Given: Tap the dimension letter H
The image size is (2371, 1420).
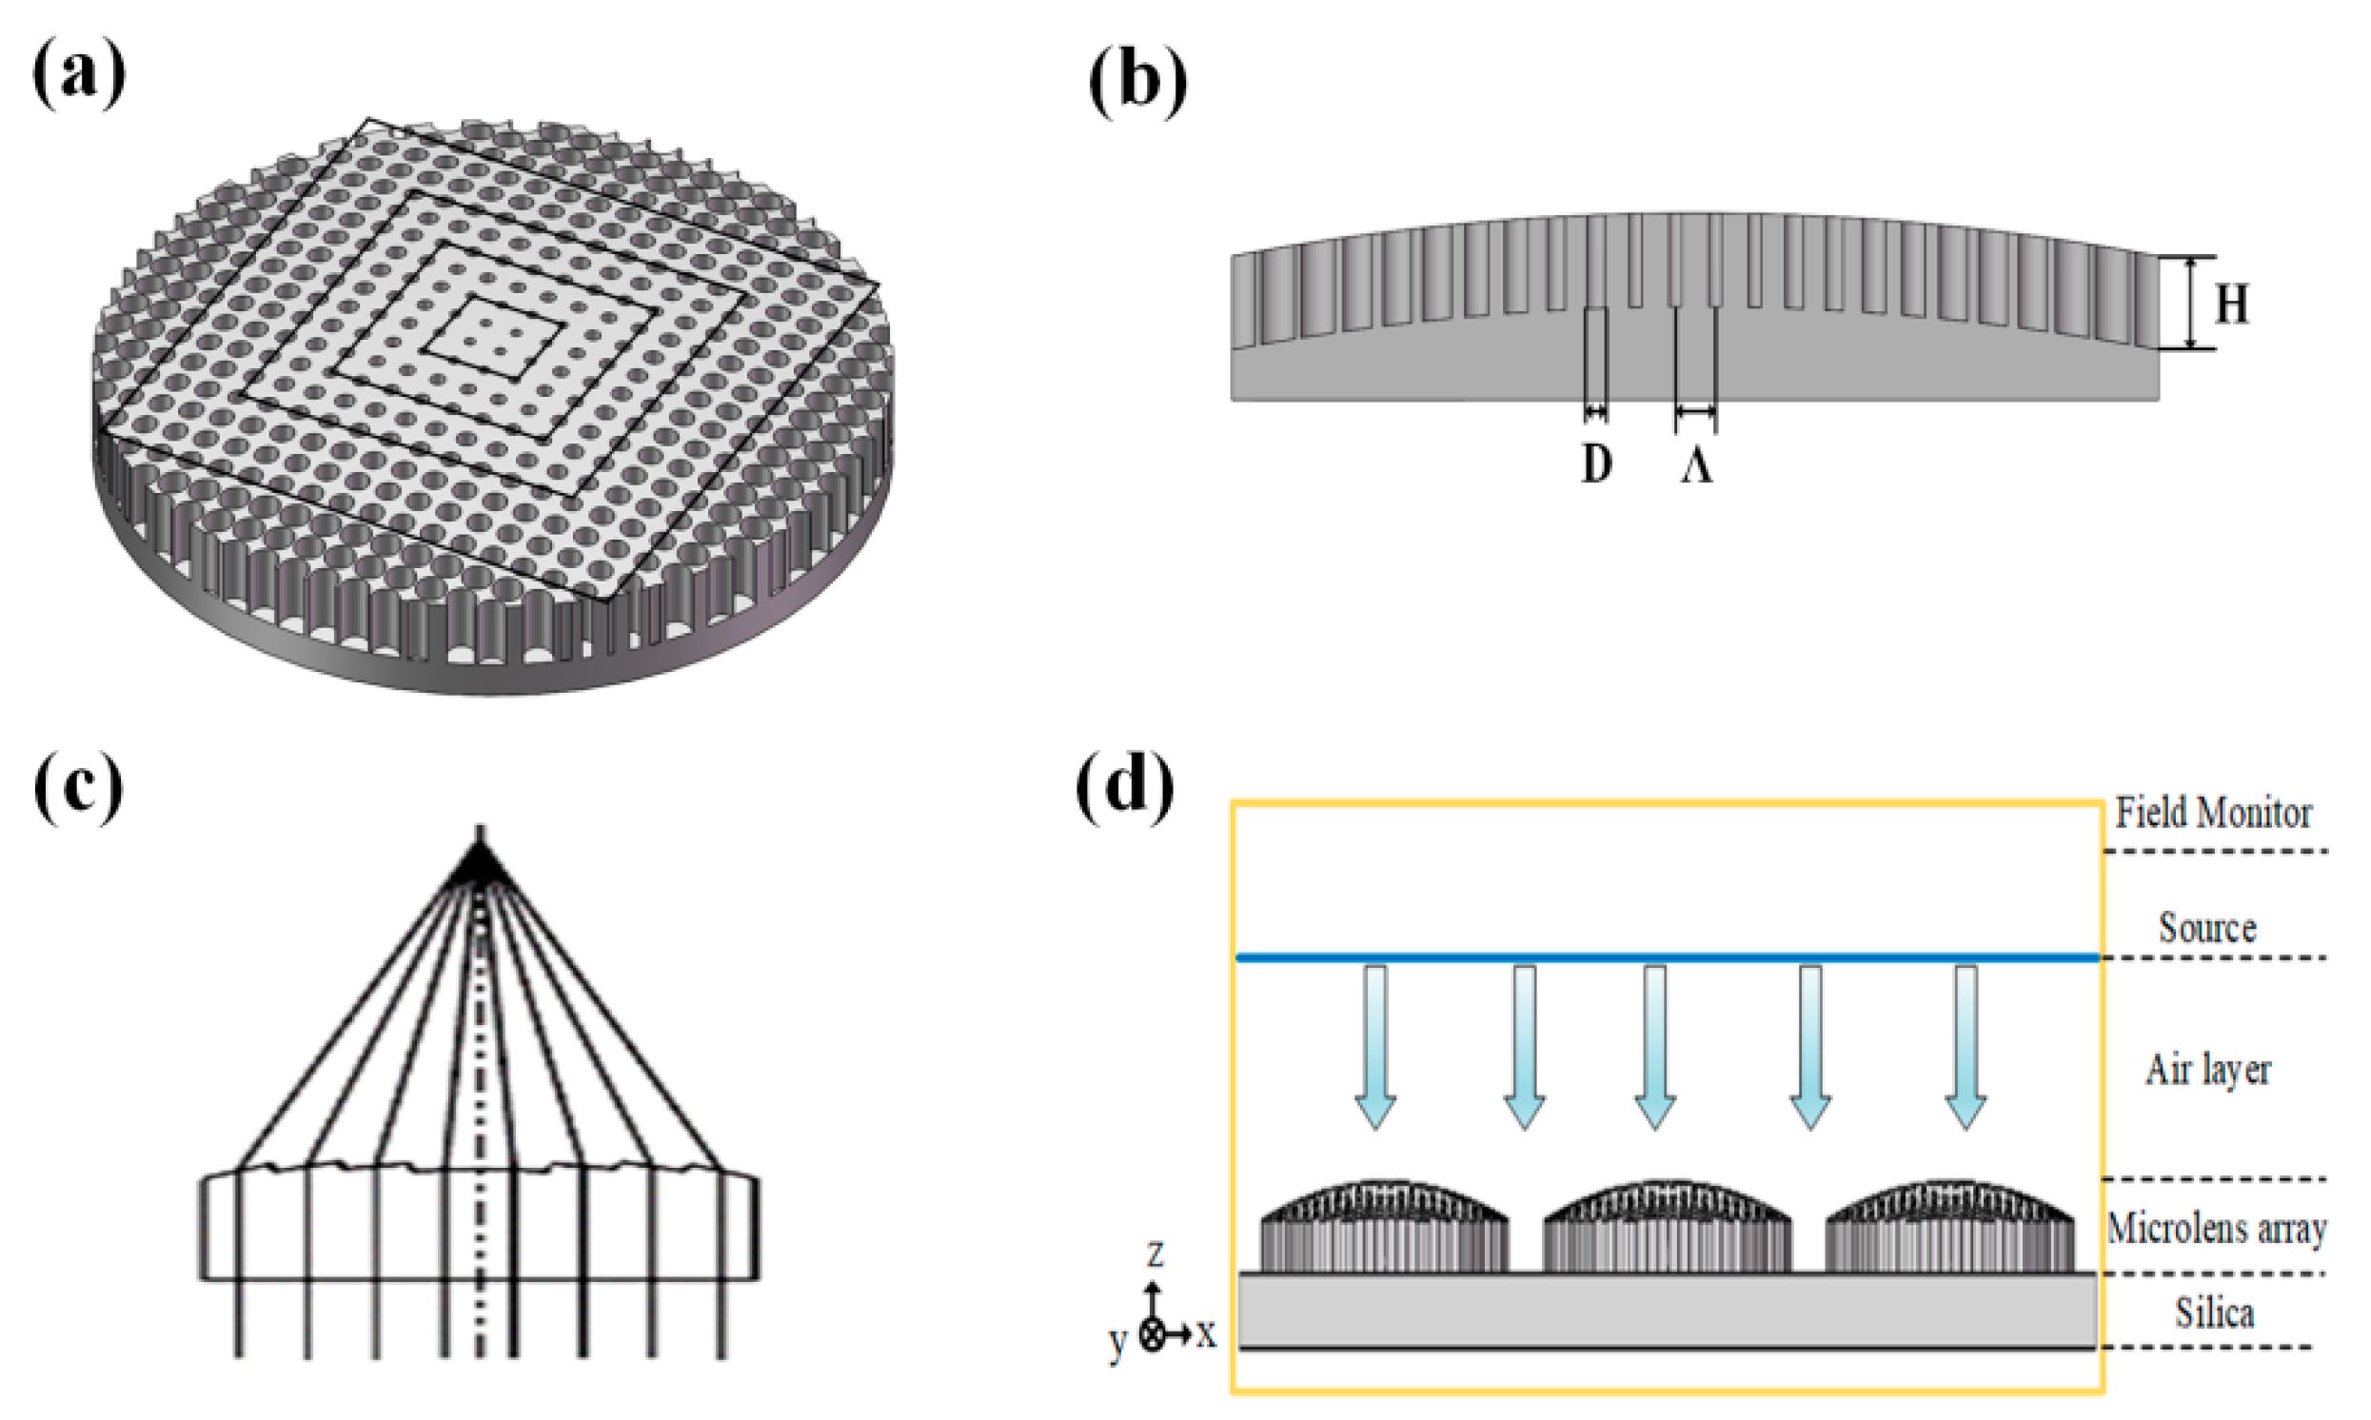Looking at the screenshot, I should point(2233,305).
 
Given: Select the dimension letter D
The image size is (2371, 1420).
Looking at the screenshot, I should point(1595,465).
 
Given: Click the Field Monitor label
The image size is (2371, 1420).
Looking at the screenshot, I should point(2212,814).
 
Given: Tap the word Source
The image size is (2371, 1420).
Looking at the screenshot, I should point(2207,927).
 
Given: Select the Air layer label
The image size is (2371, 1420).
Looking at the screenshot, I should point(2207,1070).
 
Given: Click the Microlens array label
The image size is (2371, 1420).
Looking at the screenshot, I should point(2216,1228).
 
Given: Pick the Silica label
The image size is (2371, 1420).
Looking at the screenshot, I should point(2214,1312).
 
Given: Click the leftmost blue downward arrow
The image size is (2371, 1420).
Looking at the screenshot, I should point(1375,1048).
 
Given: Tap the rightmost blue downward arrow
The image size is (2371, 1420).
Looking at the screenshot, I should point(1966,1048).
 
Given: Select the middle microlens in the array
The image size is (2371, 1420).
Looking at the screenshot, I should point(1667,1228).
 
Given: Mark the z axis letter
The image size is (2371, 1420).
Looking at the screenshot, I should point(1155,1253).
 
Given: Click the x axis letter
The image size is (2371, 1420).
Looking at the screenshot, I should point(1206,1333).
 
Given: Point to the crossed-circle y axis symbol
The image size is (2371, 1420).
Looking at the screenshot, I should point(1153,1335).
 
